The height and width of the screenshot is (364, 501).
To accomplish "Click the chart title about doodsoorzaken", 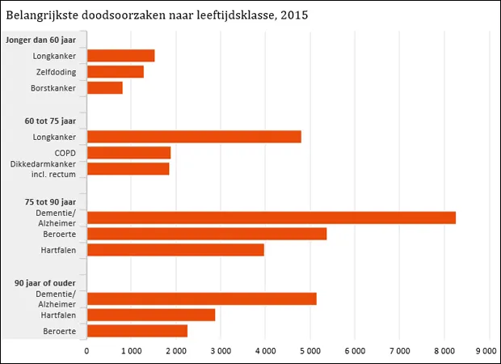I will pos(157,15).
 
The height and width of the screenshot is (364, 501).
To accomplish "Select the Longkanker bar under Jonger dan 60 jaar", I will pos(120,56).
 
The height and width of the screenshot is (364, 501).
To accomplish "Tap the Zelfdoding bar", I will pos(115,72).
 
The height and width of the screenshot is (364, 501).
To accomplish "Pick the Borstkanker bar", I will pos(104,88).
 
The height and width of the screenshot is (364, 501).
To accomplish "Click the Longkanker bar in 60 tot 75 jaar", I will pos(194,137).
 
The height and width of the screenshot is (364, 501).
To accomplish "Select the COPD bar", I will pos(128,153).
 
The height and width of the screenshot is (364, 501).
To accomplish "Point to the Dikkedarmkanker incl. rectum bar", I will pos(128,169).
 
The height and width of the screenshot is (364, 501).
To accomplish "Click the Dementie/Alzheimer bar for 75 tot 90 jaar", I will pos(271,218).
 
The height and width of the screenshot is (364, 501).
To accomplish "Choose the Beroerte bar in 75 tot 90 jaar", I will pos(206,234).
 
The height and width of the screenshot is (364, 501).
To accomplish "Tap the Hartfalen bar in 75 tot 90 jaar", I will pos(175,250).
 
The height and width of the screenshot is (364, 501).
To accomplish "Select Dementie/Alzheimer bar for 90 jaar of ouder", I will pos(201,298).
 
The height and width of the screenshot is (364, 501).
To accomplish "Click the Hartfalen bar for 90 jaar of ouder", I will pos(150,315).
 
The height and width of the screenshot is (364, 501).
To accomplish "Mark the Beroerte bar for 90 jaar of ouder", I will pos(137,331).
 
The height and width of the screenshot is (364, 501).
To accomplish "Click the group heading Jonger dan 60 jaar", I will pos(40,40).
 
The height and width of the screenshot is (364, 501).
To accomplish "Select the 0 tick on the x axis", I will pos(86,350).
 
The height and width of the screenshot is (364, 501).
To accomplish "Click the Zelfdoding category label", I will pos(55,72).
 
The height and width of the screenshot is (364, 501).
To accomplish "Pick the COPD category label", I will pos(65,153).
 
